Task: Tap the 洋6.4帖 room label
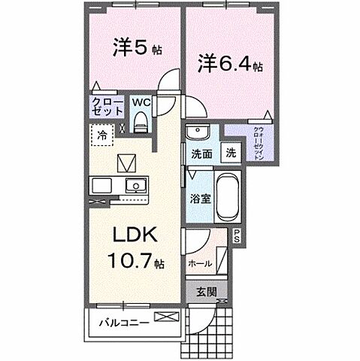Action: pos(229,63)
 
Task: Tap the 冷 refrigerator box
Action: pos(101,137)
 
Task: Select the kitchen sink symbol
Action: pos(136,185)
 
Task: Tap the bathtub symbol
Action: pos(227,198)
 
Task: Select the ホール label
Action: pos(198,263)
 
